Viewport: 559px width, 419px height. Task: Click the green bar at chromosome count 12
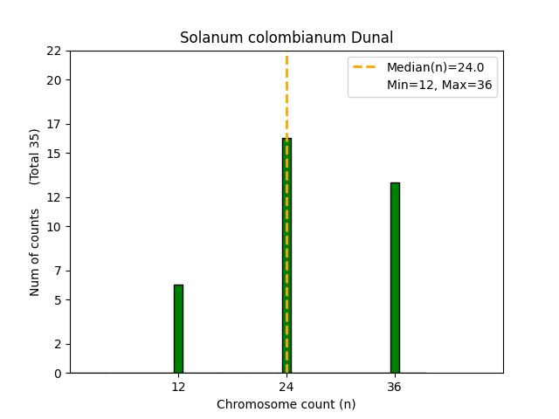point(178,329)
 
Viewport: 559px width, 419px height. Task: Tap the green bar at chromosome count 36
point(395,278)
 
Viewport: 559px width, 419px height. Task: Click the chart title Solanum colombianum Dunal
point(286,38)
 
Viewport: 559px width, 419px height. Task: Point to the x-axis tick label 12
point(178,387)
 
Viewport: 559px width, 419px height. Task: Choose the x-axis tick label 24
point(286,387)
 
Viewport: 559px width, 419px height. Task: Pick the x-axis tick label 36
point(395,387)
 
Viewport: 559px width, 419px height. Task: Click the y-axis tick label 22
point(54,51)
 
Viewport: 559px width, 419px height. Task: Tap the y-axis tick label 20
point(54,80)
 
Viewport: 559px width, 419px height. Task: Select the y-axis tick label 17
point(54,124)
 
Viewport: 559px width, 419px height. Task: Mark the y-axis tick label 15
point(54,154)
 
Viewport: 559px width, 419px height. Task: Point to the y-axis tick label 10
point(54,227)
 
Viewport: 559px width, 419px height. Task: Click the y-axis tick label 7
point(58,271)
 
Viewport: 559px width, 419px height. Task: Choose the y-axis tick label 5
point(58,300)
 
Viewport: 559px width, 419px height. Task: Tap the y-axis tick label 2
point(58,344)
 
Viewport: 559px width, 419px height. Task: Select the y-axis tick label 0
point(58,374)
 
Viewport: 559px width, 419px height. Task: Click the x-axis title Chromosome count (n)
point(286,404)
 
